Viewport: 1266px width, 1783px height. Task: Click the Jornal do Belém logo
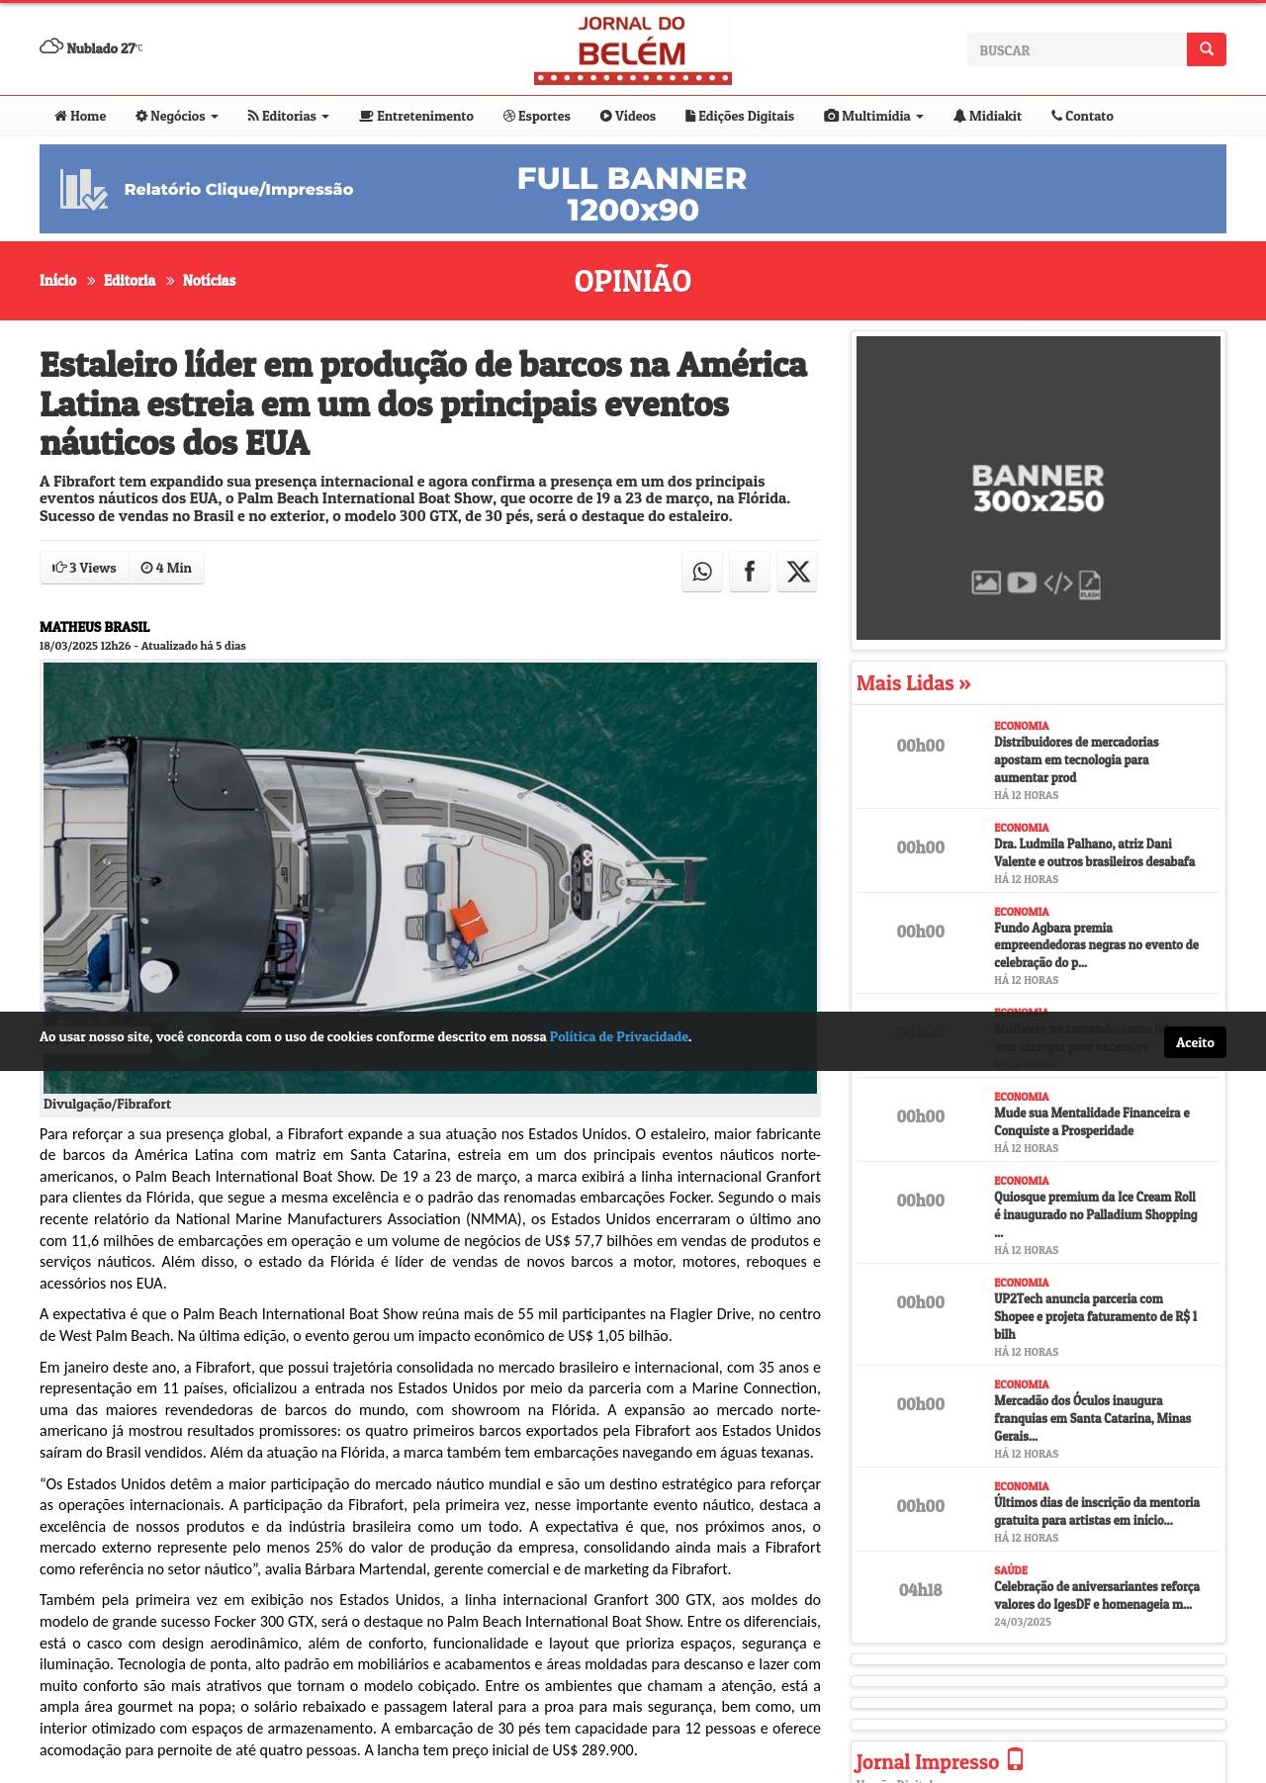click(x=632, y=48)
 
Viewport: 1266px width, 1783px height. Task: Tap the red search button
click(x=1206, y=49)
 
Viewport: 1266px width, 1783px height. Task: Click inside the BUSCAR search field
click(x=1076, y=49)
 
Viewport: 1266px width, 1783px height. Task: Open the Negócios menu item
click(x=177, y=116)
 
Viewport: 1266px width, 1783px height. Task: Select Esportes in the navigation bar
click(x=537, y=116)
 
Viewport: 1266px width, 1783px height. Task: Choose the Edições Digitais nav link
click(x=740, y=116)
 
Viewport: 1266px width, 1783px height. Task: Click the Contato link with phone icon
click(x=1082, y=116)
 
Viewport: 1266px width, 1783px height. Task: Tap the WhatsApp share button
click(x=702, y=572)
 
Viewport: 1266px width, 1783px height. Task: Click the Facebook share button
click(x=750, y=572)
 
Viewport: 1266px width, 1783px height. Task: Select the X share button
click(x=797, y=572)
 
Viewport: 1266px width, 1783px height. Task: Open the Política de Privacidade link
click(x=618, y=1036)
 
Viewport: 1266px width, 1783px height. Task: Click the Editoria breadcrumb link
click(x=130, y=281)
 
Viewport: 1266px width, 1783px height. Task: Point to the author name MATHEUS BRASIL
click(x=95, y=627)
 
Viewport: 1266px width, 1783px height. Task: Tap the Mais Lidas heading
click(x=913, y=683)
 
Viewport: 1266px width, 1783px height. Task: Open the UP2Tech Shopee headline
click(x=1095, y=1316)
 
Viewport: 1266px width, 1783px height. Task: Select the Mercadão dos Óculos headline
click(x=1092, y=1418)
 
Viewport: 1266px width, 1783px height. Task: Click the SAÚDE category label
click(x=1011, y=1570)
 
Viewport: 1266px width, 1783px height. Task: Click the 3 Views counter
click(x=85, y=568)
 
